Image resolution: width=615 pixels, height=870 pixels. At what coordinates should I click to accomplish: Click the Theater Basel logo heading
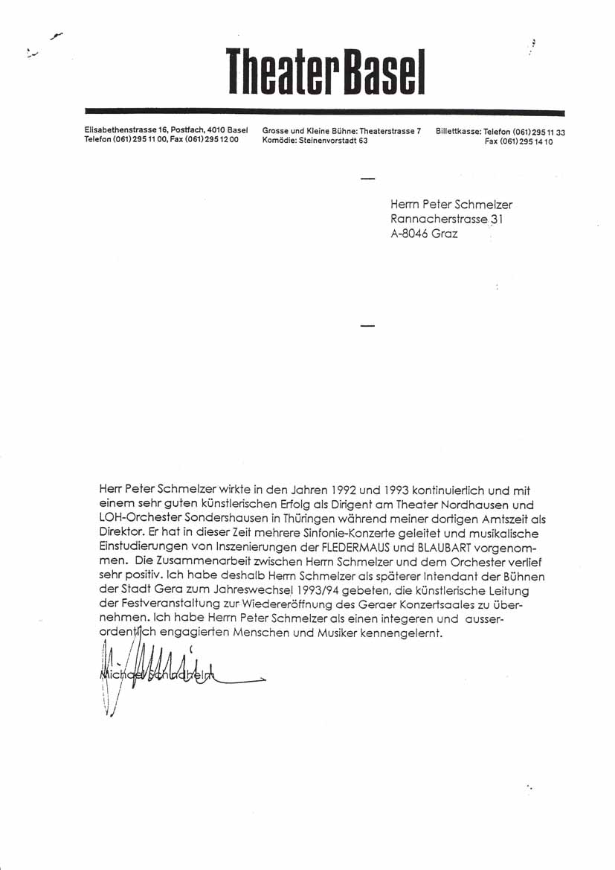(x=326, y=71)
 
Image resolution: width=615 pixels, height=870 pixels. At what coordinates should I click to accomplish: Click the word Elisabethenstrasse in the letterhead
(x=115, y=131)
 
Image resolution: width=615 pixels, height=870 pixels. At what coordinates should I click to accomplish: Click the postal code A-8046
(x=408, y=233)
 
